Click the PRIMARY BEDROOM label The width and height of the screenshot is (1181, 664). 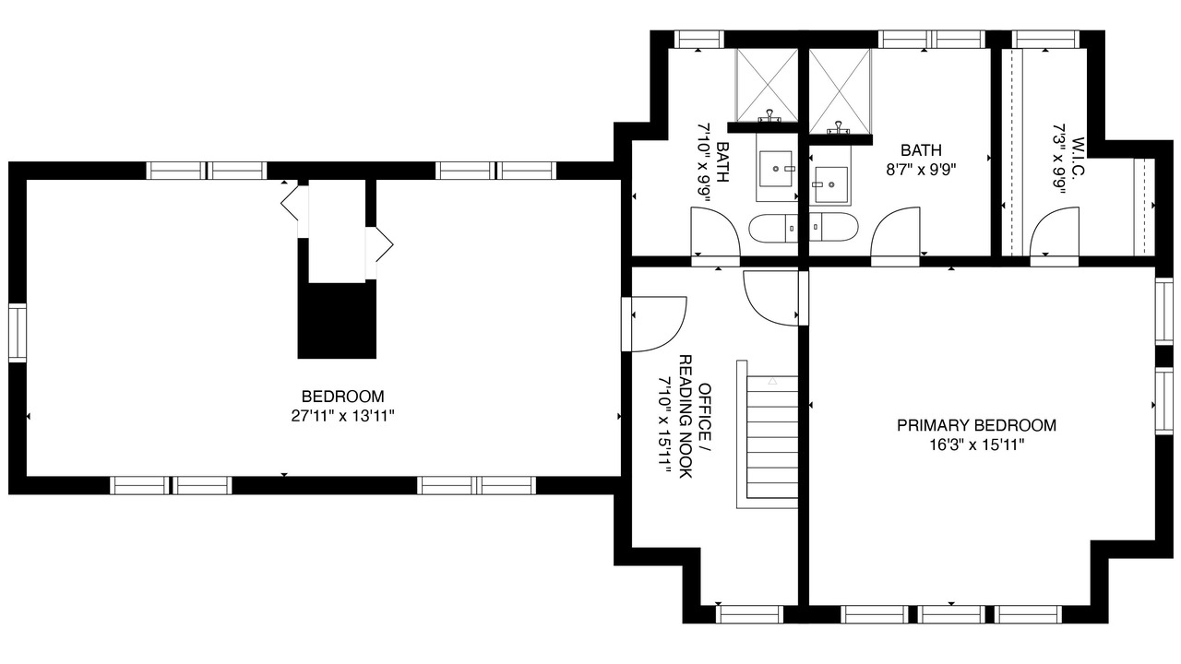coord(976,425)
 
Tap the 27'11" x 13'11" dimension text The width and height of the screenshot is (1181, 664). coord(342,416)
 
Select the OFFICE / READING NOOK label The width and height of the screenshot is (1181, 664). coord(694,416)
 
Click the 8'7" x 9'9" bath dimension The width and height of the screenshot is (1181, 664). coord(921,170)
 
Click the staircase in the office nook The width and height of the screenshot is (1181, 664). coord(768,434)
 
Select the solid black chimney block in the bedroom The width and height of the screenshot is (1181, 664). coord(337,320)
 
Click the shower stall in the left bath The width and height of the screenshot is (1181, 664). coord(767,86)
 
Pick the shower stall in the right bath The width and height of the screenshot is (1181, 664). coord(840,91)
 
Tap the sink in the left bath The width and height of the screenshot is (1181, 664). coord(776,169)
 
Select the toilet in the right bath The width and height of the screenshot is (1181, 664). coord(833,227)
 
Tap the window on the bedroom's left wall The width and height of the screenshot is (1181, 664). coord(18,333)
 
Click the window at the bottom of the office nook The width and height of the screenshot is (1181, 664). coord(749,614)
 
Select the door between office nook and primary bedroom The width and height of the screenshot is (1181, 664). coord(775,298)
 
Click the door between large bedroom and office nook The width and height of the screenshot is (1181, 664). coord(654,324)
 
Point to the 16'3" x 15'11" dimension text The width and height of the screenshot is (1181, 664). coord(976,445)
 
